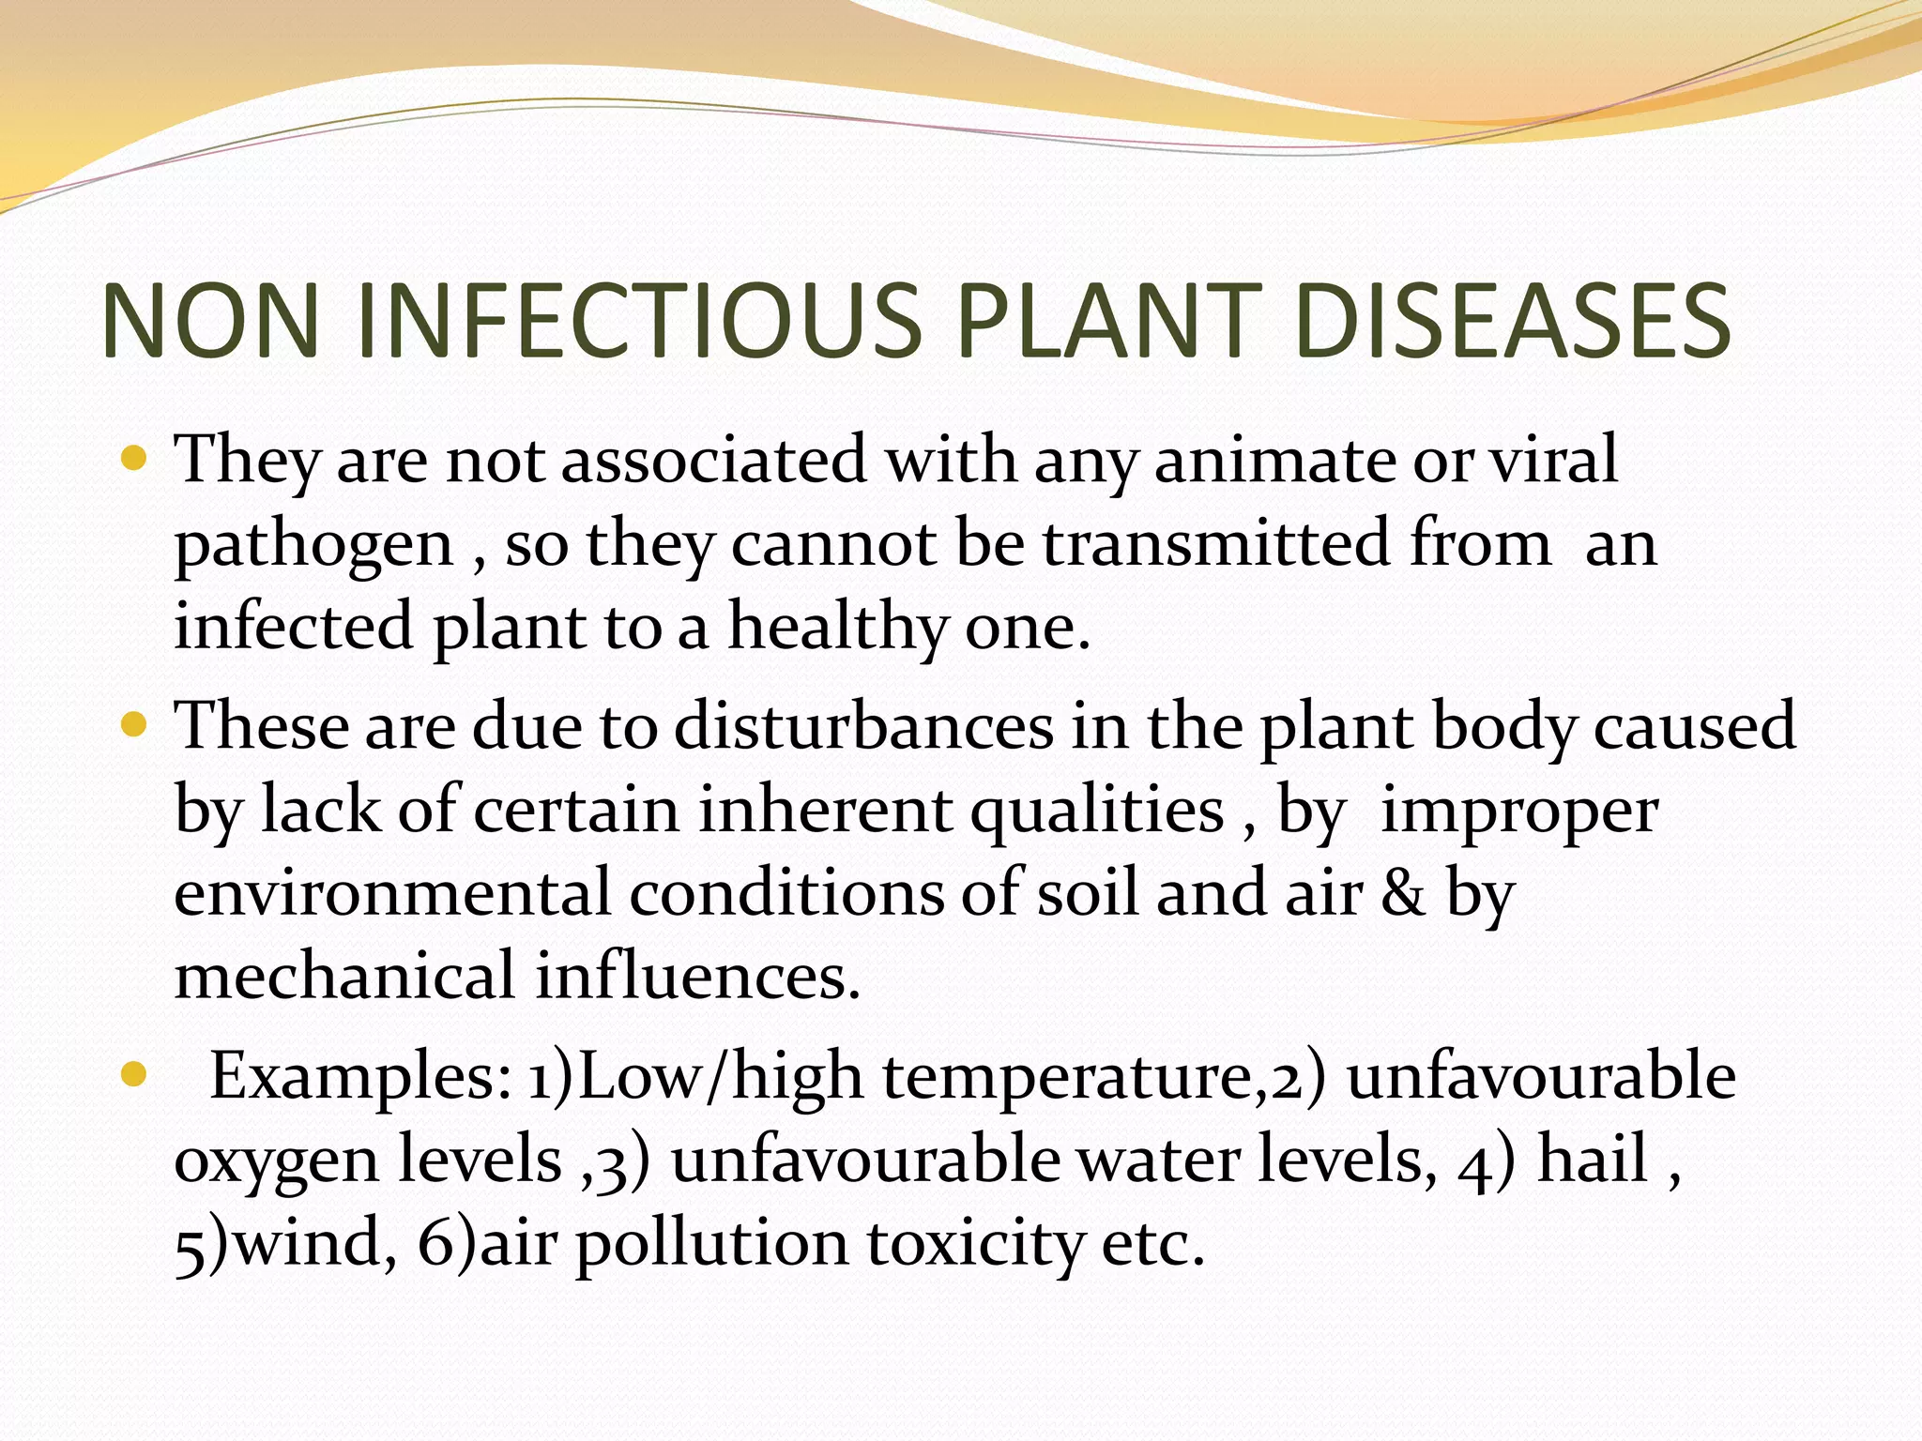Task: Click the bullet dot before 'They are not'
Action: click(135, 460)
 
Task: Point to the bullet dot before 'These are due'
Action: click(135, 725)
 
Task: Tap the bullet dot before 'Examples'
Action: click(135, 1075)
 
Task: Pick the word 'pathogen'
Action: click(314, 546)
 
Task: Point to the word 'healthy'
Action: click(838, 627)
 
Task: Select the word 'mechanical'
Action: click(344, 976)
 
